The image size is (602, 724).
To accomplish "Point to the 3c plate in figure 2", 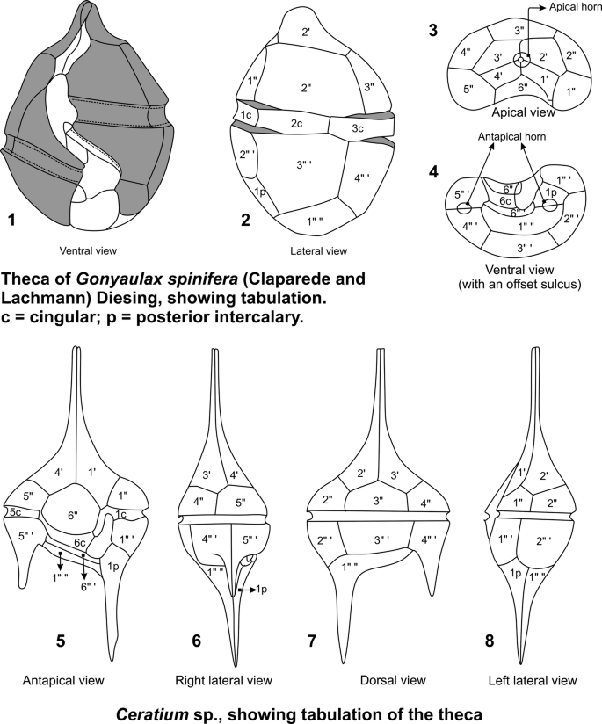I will [x=358, y=129].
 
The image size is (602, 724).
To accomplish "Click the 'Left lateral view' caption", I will [x=533, y=679].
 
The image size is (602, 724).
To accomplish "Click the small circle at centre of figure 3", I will [x=523, y=60].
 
